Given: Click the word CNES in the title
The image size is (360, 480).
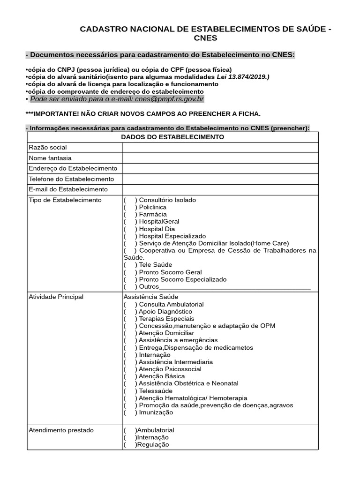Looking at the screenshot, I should pos(205,38).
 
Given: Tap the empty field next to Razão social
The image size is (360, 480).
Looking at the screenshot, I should pos(220,148).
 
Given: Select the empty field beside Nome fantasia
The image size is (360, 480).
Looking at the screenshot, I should pos(220,158).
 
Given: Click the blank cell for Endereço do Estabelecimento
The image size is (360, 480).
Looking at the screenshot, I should pos(220,169).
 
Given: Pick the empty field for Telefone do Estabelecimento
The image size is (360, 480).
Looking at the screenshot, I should pos(220,179).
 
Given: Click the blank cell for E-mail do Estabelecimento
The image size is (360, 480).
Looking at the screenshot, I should pos(220,189).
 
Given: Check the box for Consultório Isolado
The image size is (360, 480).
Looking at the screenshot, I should pos(130,200).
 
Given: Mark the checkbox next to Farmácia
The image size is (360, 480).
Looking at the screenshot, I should pos(130,215).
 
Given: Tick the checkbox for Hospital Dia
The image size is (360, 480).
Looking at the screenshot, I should pos(130,229).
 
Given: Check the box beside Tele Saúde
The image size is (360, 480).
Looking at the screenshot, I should pos(130,265).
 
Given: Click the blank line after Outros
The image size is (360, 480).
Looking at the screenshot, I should pos(235,287).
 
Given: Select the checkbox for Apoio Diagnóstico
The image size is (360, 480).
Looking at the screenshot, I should pos(130,312).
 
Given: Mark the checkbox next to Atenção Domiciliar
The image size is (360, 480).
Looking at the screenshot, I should pos(130,333).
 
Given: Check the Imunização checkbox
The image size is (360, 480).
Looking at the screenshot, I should pos(130,412).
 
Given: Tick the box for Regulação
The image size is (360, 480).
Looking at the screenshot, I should pos(129,445).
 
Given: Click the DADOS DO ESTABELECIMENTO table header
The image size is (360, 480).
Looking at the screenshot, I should pos(172,137).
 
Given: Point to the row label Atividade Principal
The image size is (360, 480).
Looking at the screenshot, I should pos(56,297).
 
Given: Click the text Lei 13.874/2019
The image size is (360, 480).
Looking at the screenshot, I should pos(243,77).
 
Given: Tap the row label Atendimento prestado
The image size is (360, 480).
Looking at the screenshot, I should pos(61,430).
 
